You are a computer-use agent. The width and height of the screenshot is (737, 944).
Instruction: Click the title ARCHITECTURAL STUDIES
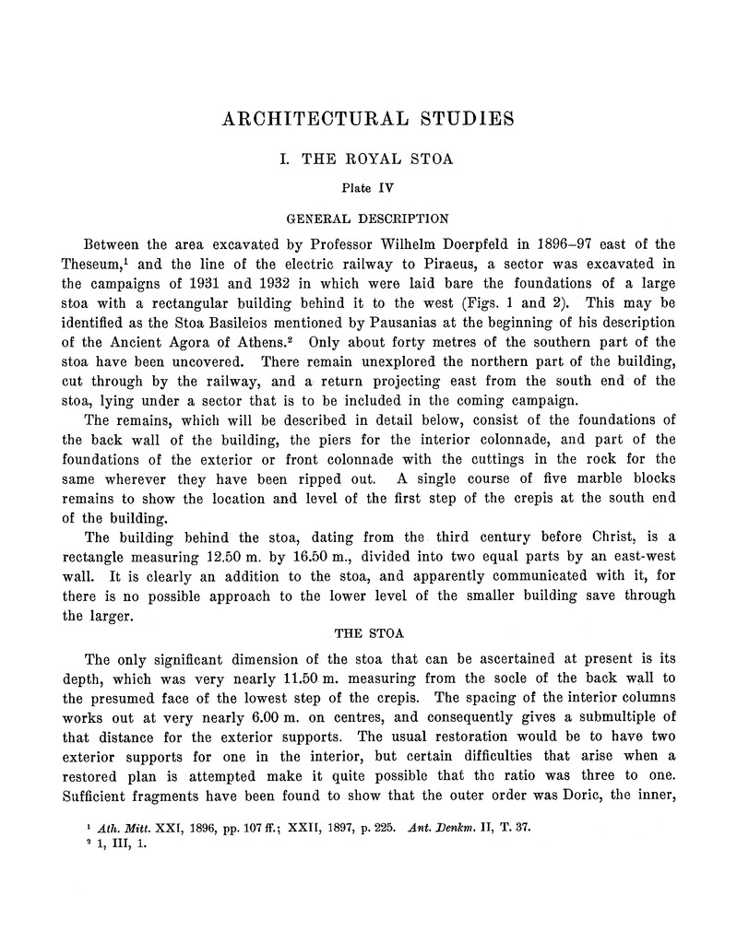coord(368,120)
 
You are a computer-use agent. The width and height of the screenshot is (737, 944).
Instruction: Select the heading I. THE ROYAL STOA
coord(368,159)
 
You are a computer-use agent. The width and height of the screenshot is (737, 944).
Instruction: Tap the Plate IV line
coord(368,188)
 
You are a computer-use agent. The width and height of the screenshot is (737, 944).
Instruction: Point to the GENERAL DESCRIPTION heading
coord(368,219)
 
